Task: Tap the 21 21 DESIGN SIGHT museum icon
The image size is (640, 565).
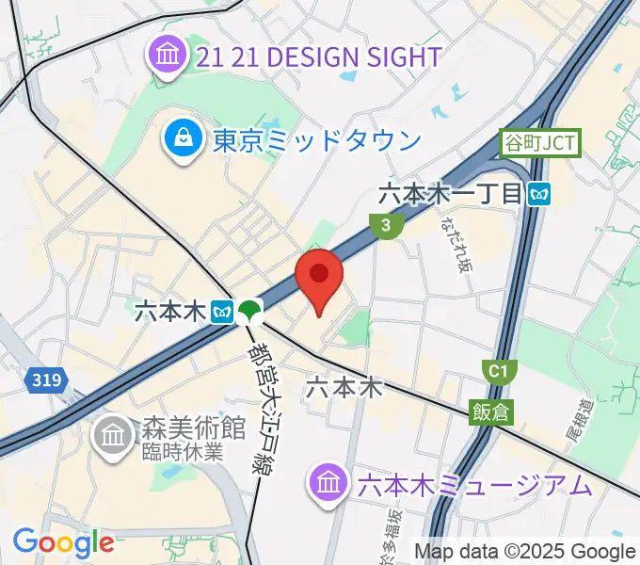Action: tap(168, 55)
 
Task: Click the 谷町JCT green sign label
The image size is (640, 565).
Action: tap(541, 144)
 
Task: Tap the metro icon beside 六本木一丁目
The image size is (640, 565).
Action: tap(540, 195)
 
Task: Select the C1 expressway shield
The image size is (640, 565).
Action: tap(497, 370)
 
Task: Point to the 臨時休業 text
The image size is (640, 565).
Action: tap(183, 453)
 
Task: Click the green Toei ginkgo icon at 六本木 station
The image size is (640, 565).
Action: tap(249, 311)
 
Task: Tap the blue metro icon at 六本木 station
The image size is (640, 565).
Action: tap(222, 311)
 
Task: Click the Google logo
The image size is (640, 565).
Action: tap(63, 541)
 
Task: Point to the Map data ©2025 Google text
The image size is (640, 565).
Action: tap(524, 551)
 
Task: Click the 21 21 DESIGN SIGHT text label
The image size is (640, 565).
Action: tap(318, 56)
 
